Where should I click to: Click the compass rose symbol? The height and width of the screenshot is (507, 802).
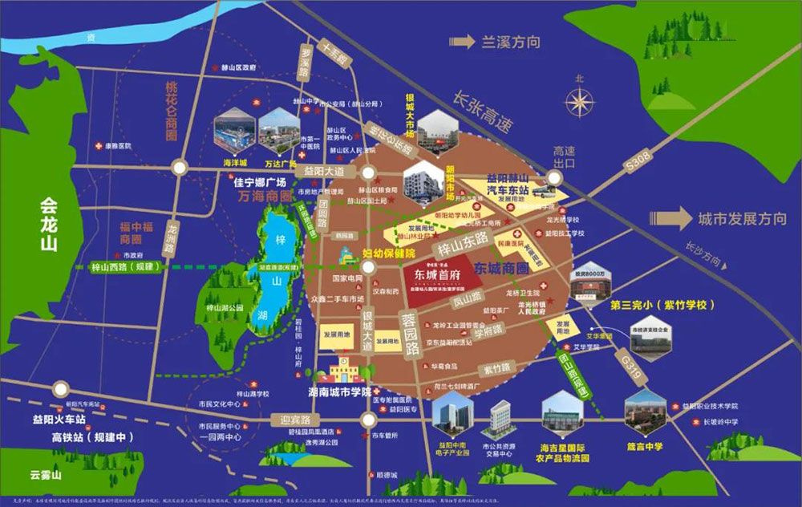(579, 102)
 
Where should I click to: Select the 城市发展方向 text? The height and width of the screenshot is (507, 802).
(742, 218)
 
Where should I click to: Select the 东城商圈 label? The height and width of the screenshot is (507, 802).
(501, 266)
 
